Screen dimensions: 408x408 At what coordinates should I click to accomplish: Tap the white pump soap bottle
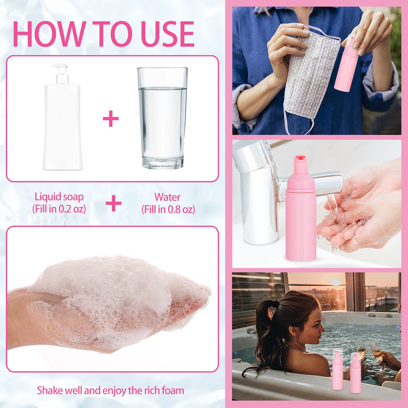(x=63, y=117)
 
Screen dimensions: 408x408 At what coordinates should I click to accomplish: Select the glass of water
(x=162, y=118)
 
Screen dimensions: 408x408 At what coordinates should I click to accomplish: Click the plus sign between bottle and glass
(x=111, y=119)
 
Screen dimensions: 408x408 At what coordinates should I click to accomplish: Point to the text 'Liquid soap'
(x=59, y=197)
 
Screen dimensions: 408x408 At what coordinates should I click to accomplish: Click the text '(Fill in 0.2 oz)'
(x=59, y=209)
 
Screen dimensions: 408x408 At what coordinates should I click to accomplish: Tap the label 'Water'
(x=168, y=197)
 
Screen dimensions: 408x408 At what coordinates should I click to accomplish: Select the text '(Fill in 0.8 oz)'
(x=168, y=209)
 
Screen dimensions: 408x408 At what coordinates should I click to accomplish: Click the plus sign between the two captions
(x=113, y=203)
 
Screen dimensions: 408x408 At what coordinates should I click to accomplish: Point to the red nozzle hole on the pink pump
(x=301, y=158)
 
